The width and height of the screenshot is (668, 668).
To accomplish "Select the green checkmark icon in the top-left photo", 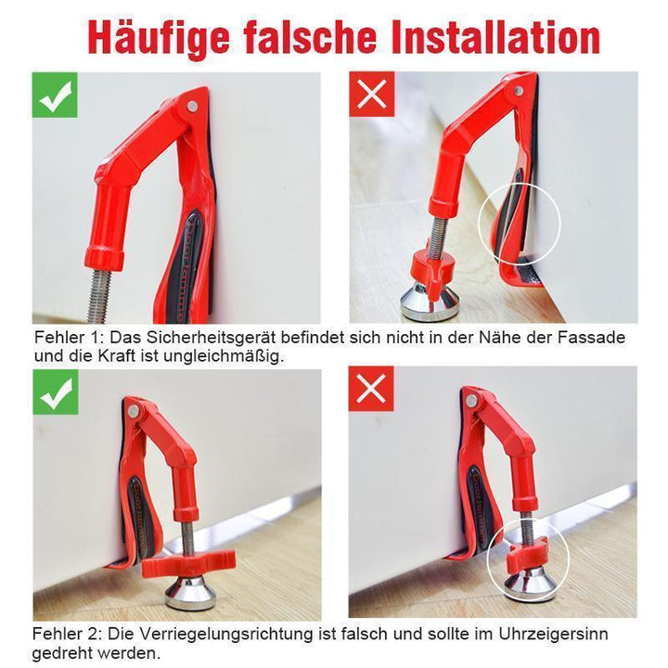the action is [x=55, y=95].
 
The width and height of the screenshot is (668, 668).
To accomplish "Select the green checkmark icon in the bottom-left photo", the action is [x=56, y=392].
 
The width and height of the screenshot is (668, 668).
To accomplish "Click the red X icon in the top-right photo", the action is [x=372, y=94].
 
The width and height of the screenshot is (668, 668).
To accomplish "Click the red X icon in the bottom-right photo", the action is [x=371, y=389].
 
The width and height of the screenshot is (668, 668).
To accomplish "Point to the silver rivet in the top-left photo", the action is [x=193, y=106].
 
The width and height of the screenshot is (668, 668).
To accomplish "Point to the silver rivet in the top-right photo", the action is [x=519, y=90].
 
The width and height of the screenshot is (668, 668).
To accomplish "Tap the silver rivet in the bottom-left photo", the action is [x=134, y=411].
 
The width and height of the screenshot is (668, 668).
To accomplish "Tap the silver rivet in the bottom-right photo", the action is [x=471, y=401].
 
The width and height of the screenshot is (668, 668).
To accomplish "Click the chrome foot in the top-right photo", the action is [x=430, y=302].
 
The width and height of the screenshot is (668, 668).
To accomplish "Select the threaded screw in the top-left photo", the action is [x=100, y=295].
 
